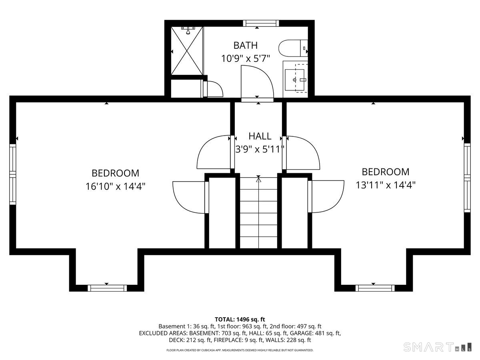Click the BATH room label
tap(245, 46)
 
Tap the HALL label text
tap(260, 136)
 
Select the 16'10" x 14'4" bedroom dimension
tap(115, 186)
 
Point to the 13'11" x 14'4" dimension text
tap(385, 185)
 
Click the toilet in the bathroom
tap(293, 48)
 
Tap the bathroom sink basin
tap(294, 80)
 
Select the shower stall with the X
tap(187, 51)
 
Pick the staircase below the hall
tap(258, 213)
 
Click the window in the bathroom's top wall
tap(261, 23)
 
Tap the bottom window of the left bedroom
tap(107, 288)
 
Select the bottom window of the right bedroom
tap(375, 288)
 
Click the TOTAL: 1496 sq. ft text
tap(240, 319)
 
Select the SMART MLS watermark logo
tap(437, 347)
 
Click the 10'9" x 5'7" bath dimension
tap(246, 58)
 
